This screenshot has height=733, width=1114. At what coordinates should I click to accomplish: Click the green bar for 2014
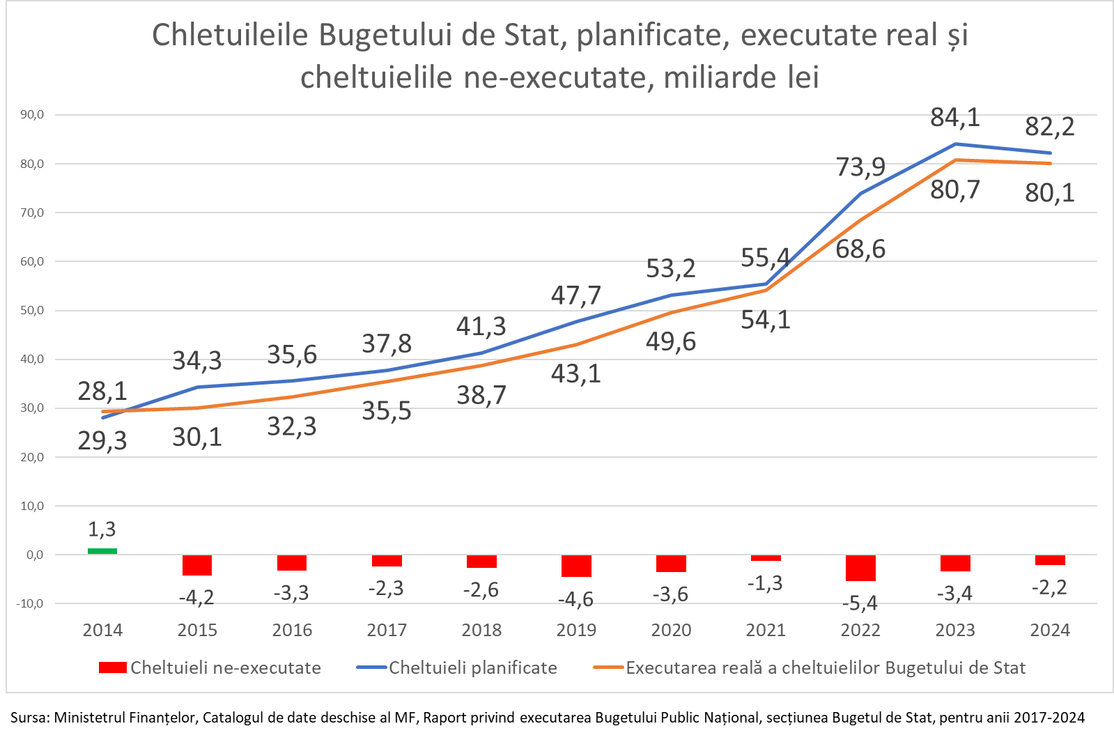click(x=102, y=551)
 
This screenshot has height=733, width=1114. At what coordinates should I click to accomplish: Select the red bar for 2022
click(x=860, y=568)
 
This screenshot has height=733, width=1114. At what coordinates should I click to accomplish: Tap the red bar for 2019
click(x=576, y=566)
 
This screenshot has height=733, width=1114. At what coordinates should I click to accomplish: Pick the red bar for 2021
click(x=766, y=558)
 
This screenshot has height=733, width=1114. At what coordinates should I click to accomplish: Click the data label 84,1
click(x=955, y=117)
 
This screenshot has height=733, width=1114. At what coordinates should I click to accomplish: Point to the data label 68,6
click(x=860, y=249)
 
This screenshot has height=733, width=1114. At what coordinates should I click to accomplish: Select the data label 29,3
click(x=102, y=440)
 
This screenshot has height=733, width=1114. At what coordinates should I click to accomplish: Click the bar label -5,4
click(x=860, y=603)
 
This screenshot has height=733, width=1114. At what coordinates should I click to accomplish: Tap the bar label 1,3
click(x=102, y=529)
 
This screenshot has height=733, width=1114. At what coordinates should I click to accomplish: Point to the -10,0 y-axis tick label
click(x=30, y=604)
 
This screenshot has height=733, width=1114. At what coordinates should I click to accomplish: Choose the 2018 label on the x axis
click(x=481, y=631)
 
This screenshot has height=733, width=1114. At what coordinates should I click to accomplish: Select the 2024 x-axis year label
click(x=1050, y=631)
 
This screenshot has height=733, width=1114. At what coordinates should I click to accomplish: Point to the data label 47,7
click(x=576, y=295)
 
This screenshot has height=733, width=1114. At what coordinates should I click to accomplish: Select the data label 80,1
click(x=1050, y=192)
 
